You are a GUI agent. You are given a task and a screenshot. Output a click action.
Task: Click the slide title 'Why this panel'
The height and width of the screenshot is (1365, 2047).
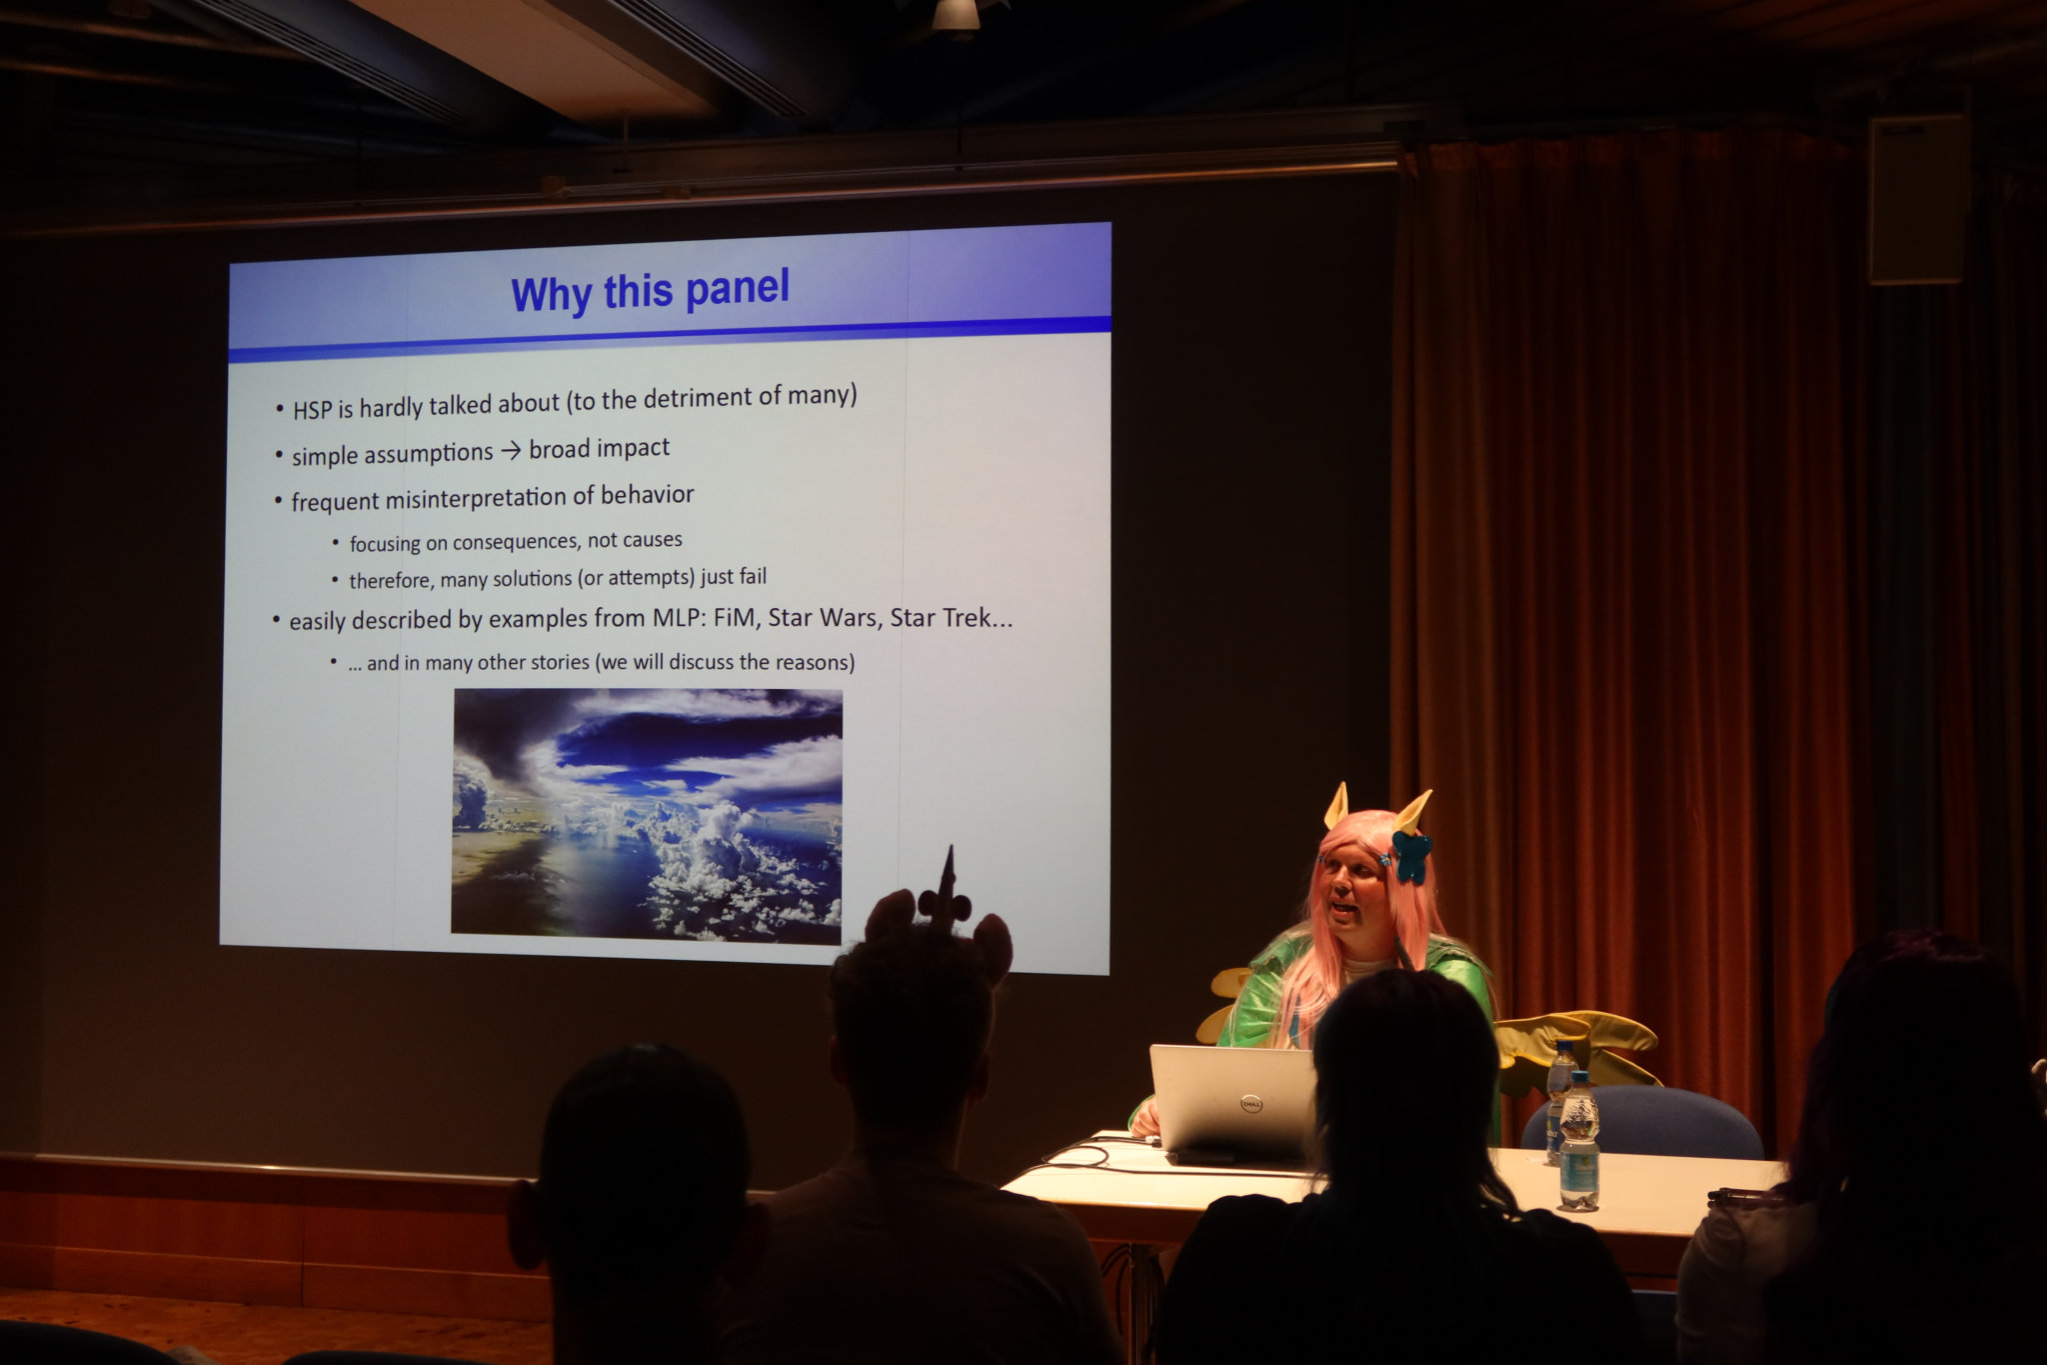coord(650,291)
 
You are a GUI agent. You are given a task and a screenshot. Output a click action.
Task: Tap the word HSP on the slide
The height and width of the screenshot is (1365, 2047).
coord(312,410)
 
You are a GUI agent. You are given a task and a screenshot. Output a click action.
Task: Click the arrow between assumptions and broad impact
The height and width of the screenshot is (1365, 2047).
coord(511,451)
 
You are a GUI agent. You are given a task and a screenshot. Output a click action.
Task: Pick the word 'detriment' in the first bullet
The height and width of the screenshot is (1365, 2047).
coord(691,398)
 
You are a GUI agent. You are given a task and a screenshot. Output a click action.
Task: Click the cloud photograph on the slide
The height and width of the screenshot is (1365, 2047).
coord(647,816)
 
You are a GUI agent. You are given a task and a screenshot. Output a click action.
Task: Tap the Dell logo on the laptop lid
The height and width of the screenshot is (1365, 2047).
coord(1248,1103)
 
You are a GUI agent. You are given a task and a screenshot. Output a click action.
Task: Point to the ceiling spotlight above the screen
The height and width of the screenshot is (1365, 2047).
coord(956,15)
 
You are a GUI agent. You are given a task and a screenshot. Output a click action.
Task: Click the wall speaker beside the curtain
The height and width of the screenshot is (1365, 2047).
coord(1917,199)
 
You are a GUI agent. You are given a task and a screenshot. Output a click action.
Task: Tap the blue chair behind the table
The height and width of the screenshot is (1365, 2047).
coord(1642,1123)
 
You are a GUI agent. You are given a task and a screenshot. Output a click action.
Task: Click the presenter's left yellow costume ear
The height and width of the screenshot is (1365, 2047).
coord(1336,806)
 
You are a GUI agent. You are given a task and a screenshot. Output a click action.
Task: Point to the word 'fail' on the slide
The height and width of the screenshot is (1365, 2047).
coord(753,577)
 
